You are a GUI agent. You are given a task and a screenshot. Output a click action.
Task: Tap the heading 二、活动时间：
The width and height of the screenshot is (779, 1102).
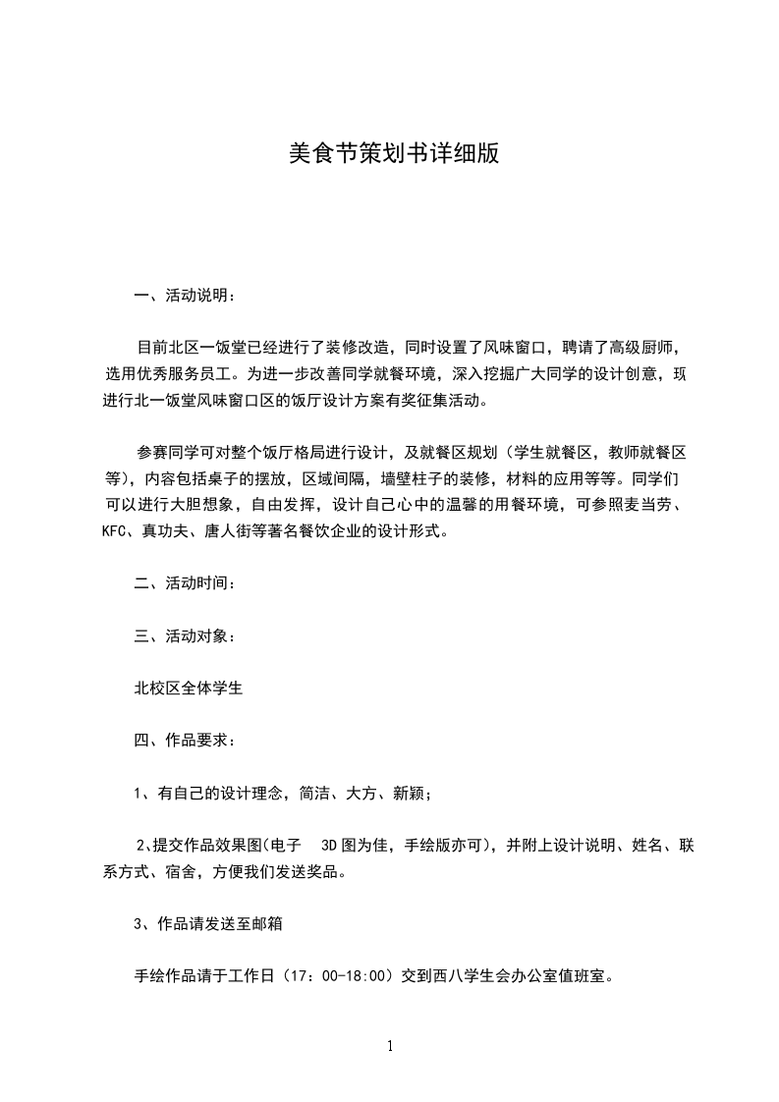(185, 583)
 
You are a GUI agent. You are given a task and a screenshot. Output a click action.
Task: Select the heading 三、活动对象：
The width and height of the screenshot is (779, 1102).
(185, 636)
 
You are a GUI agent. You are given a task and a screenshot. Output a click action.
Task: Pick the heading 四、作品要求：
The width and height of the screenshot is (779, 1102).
(185, 741)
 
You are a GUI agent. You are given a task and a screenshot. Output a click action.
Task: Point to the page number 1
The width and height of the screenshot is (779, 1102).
(390, 1046)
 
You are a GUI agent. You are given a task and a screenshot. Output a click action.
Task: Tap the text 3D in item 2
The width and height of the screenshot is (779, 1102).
(329, 845)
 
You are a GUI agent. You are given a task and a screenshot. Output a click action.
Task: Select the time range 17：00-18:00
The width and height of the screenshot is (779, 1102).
(332, 977)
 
